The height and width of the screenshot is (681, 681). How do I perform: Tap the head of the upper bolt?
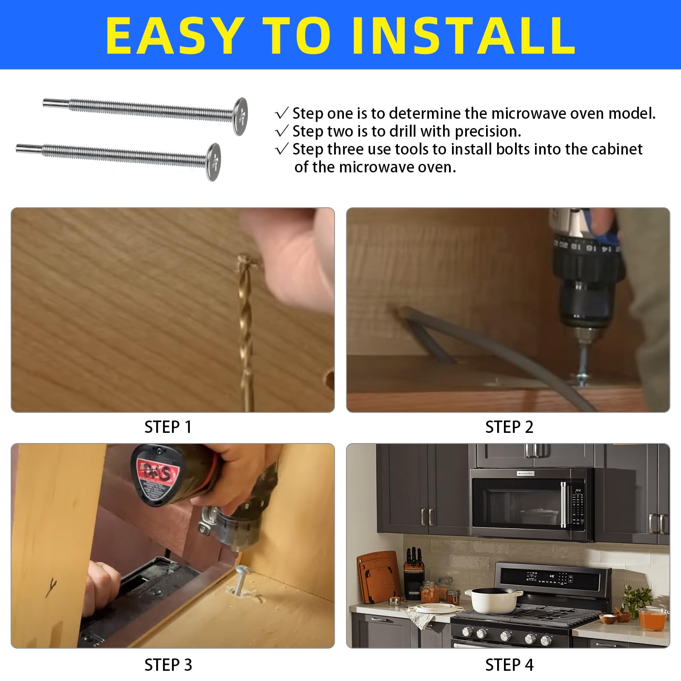coord(240,117)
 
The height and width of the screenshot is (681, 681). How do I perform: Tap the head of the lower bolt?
coord(214,162)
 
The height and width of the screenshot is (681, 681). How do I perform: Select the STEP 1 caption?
coord(168,427)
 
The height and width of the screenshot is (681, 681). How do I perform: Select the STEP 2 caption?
coord(509,427)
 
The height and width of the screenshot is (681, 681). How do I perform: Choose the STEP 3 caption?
coord(168,664)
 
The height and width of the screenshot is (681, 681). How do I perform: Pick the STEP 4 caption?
coord(509,664)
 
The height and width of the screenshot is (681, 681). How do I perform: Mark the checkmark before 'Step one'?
coord(282,113)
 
